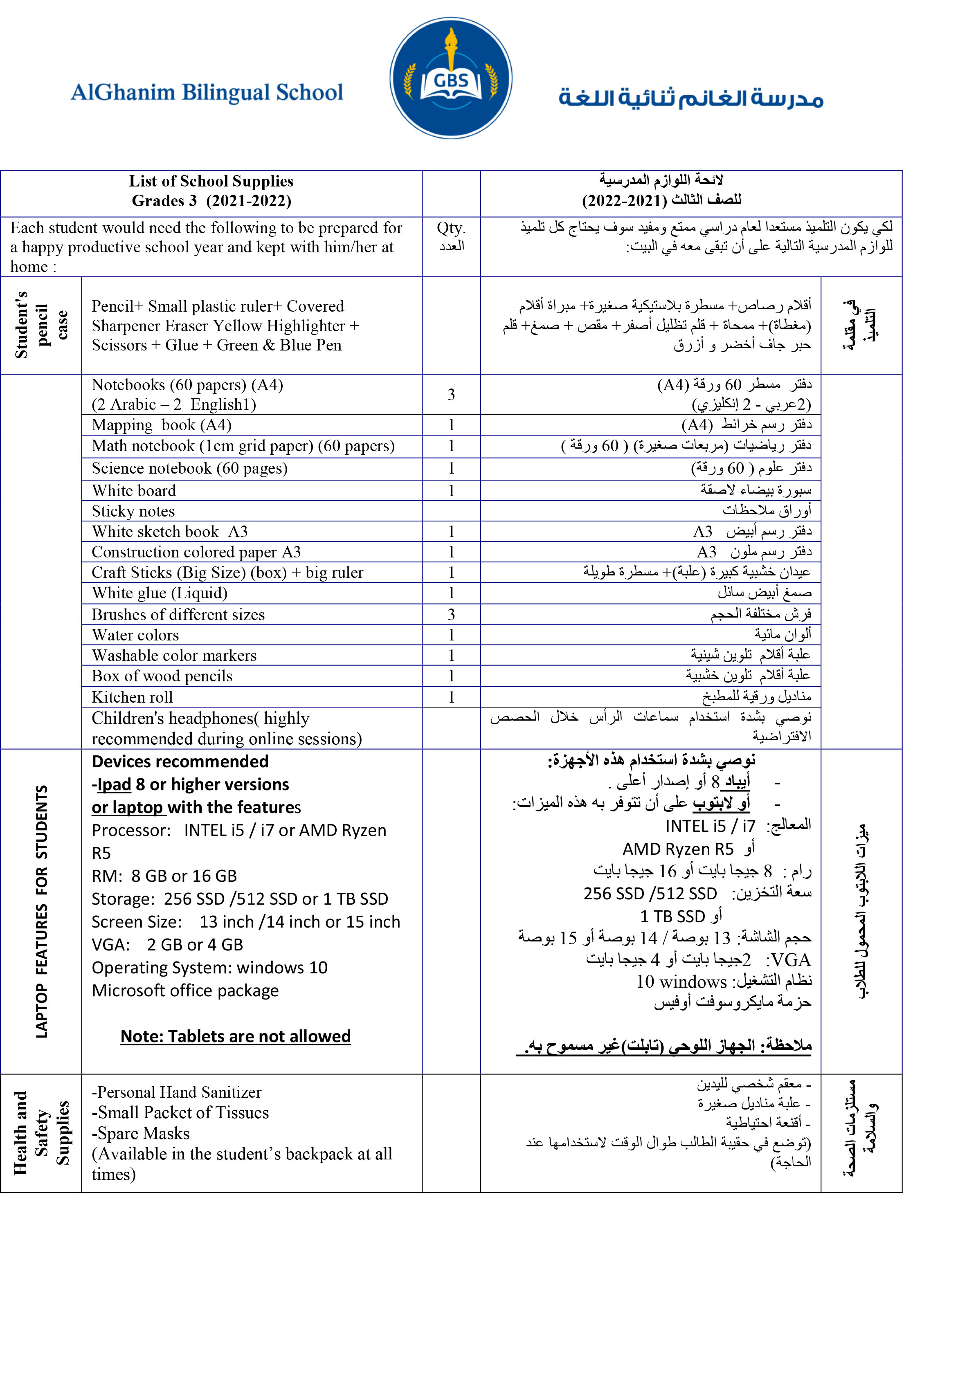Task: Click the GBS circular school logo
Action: click(450, 79)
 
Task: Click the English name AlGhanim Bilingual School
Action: click(207, 93)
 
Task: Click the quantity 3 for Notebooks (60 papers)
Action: click(451, 395)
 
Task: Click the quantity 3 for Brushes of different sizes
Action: click(451, 614)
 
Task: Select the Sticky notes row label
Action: click(133, 511)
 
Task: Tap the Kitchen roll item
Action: click(132, 697)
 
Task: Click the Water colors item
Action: click(135, 635)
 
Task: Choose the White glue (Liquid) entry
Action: click(160, 593)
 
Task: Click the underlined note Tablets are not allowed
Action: click(235, 1036)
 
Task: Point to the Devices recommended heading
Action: click(180, 762)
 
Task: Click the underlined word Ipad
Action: click(114, 784)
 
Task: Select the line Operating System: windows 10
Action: click(209, 967)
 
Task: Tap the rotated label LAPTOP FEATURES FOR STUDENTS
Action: click(41, 912)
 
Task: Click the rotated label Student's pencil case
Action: click(41, 325)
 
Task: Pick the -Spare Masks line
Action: click(140, 1134)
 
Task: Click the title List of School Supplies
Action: click(211, 181)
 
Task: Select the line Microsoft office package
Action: click(185, 990)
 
